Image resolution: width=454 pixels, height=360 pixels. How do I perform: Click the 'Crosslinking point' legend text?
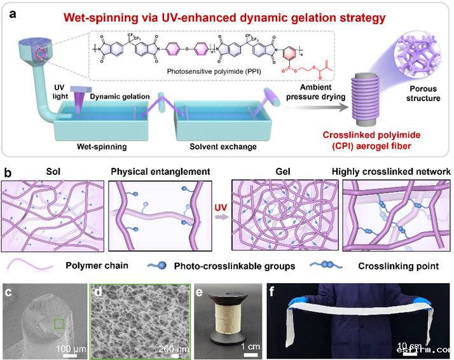(395, 266)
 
